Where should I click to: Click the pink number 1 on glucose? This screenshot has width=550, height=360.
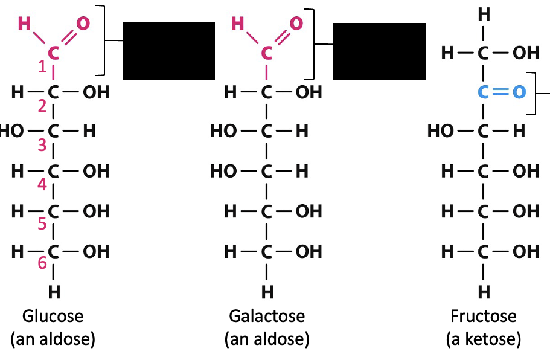42,68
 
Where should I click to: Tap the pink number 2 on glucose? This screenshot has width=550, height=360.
42,107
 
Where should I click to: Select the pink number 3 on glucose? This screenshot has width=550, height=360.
42,146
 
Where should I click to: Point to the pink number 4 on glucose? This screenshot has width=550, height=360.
42,185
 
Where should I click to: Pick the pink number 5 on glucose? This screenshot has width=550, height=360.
42,224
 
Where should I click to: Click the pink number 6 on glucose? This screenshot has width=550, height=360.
42,263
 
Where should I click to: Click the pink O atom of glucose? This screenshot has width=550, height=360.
83,24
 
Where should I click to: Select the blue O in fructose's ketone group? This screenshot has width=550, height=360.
518,93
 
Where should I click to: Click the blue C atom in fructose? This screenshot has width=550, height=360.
483,93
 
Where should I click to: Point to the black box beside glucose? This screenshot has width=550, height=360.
169,50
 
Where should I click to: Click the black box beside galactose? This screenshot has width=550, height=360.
379,50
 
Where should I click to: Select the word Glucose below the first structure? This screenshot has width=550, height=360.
53,316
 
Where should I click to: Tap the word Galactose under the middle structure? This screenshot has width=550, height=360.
267,316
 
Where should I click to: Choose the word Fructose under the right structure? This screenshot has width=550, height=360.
484,316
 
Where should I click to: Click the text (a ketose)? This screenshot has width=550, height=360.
484,339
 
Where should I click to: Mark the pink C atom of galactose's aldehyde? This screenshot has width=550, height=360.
266,53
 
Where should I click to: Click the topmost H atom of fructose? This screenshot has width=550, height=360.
484,13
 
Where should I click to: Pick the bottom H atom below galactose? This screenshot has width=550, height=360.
266,292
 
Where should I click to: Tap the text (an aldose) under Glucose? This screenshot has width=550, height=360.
53,339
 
